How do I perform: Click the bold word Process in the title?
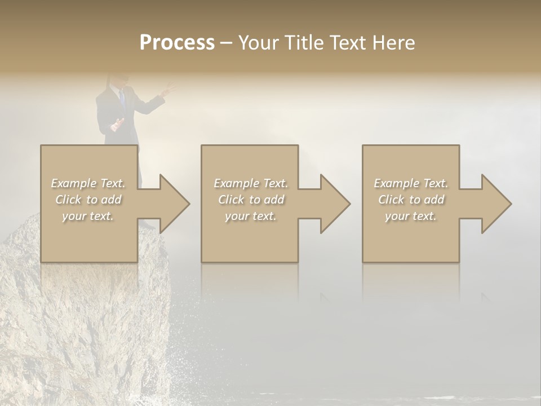(x=177, y=43)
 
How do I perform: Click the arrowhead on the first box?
(x=171, y=204)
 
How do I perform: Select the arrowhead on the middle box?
(x=332, y=204)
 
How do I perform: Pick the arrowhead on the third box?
(x=493, y=204)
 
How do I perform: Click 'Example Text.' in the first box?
(x=88, y=183)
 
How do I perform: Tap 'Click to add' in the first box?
(x=88, y=200)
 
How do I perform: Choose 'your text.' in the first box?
(x=88, y=216)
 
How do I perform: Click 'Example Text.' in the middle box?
(x=250, y=183)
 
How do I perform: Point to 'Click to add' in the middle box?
(x=251, y=200)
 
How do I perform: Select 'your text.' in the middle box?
(x=250, y=216)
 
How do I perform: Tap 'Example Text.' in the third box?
(x=410, y=183)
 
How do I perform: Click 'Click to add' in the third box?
(x=411, y=200)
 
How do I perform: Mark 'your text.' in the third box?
(x=410, y=216)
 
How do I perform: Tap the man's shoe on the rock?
(x=148, y=224)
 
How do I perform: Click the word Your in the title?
(x=259, y=43)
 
